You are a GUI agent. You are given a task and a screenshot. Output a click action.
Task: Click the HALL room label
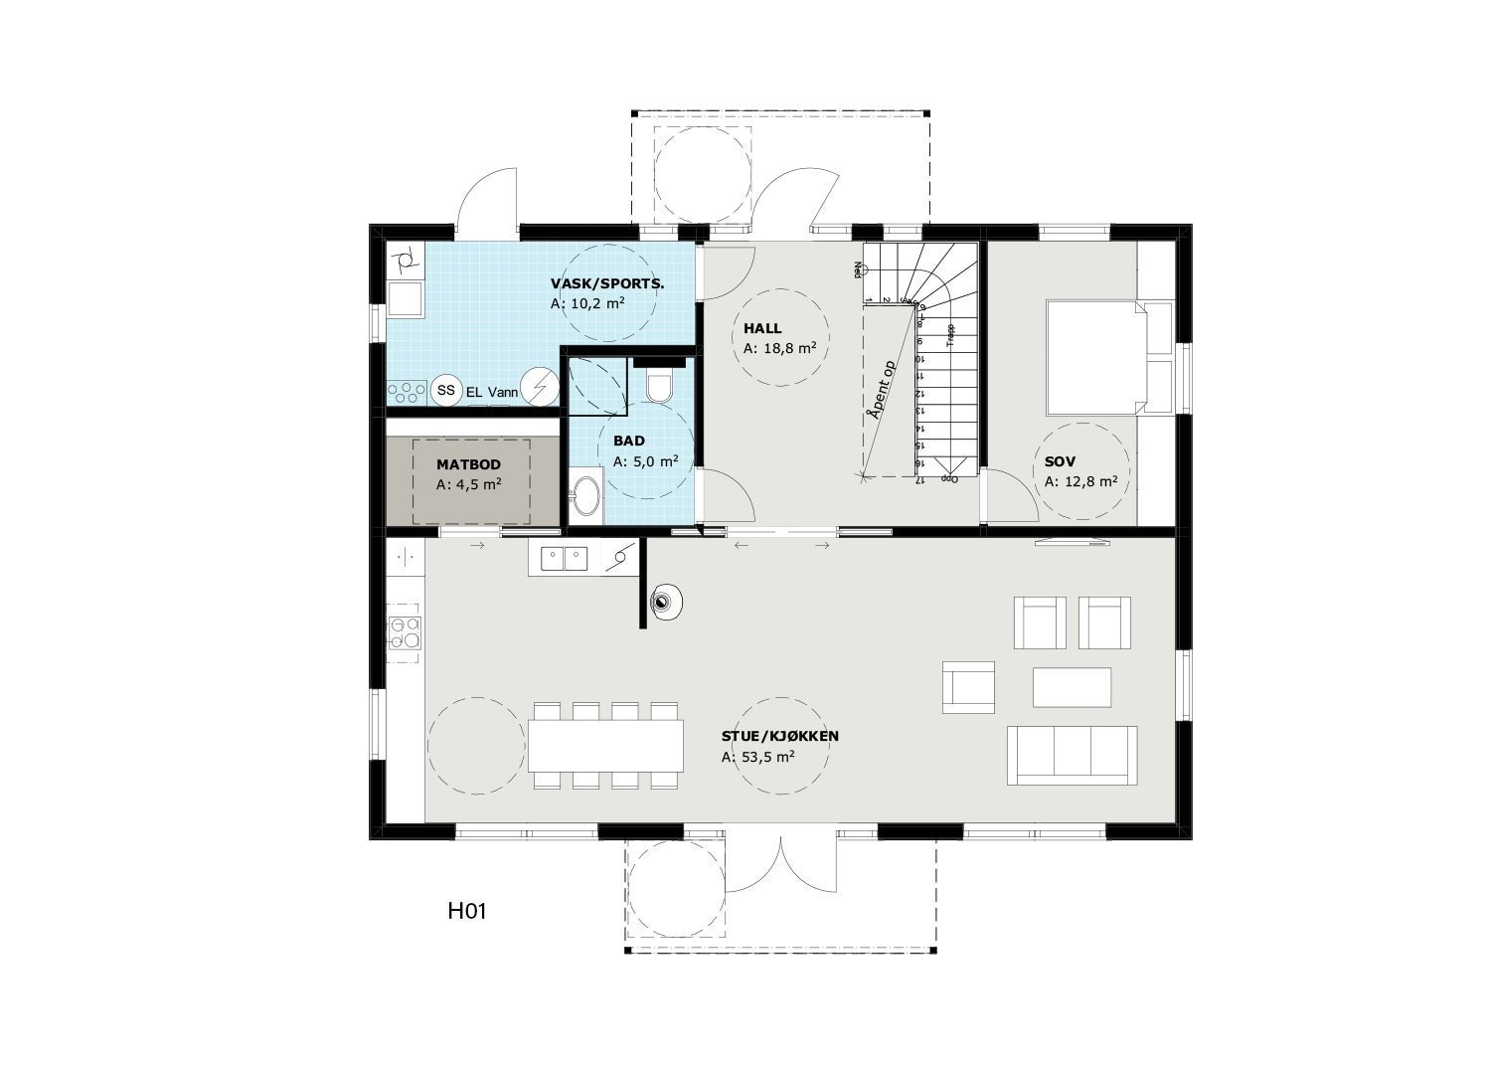[762, 328]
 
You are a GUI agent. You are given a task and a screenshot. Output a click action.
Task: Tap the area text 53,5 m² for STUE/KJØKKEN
[757, 757]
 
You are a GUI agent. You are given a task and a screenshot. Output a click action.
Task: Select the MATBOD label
[468, 464]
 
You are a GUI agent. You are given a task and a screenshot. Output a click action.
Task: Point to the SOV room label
[1061, 461]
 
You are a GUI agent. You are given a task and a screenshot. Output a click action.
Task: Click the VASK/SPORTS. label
[607, 283]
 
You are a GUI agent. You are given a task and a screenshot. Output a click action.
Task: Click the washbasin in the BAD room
[585, 496]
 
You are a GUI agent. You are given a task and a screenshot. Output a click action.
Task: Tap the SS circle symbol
[446, 391]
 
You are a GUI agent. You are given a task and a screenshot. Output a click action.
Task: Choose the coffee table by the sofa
[1072, 687]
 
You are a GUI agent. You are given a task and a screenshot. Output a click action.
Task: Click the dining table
[605, 746]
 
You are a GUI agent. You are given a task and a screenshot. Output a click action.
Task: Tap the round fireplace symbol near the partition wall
[664, 601]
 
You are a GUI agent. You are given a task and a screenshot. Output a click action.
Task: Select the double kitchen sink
[564, 559]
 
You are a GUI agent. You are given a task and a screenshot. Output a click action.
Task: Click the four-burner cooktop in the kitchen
[404, 633]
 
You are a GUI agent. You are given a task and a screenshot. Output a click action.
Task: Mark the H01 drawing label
[466, 910]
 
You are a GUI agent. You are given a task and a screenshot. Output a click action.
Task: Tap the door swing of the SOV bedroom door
[1014, 497]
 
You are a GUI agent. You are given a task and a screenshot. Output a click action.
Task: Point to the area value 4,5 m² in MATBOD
[468, 485]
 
